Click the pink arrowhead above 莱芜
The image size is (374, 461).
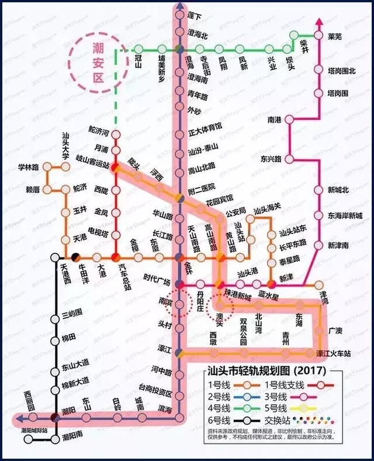click(x=319, y=22)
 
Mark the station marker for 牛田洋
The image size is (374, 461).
click(x=75, y=257)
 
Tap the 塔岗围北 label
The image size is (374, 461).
click(x=338, y=71)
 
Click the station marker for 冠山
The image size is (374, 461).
click(x=138, y=49)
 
